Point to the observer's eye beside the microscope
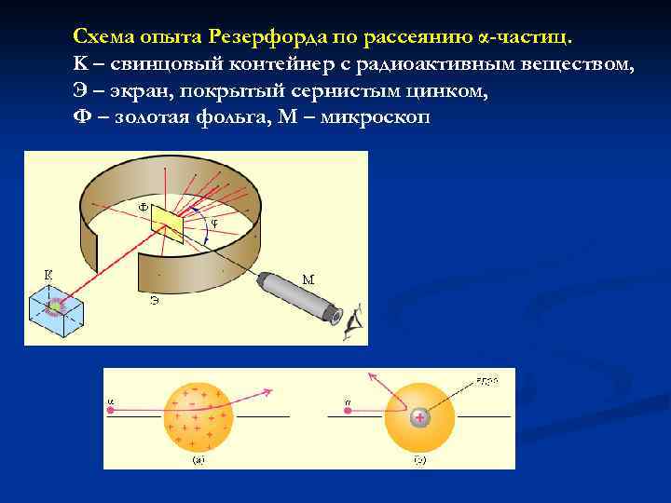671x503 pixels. [x=352, y=322]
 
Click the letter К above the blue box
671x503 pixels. [x=48, y=274]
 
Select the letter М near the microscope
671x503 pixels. [x=308, y=279]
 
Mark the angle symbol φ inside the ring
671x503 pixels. [x=215, y=224]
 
